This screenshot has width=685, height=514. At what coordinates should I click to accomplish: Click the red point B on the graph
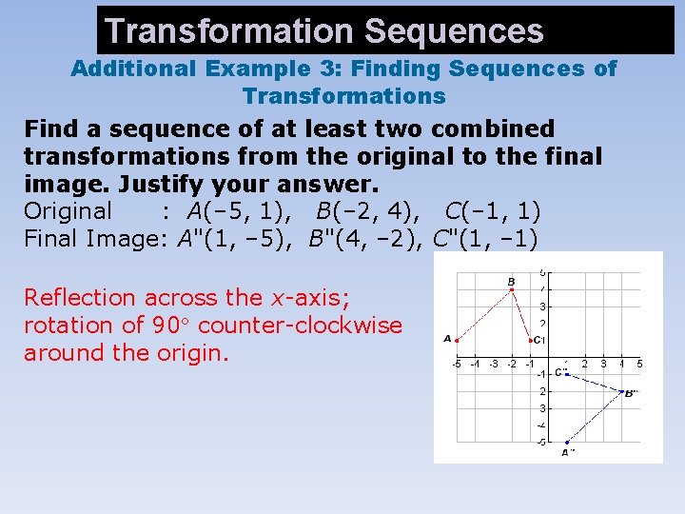pyautogui.click(x=512, y=289)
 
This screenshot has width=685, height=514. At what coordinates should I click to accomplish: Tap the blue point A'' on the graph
pyautogui.click(x=567, y=442)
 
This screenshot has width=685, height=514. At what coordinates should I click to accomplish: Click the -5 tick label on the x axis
pyautogui.click(x=457, y=364)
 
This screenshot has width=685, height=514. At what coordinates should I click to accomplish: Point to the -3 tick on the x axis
pyautogui.click(x=493, y=364)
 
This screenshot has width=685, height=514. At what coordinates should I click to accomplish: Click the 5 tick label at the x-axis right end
pyautogui.click(x=639, y=364)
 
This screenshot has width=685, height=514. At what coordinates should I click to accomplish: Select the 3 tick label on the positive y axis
pyautogui.click(x=542, y=306)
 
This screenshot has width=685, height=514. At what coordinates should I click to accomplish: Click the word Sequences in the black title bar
pyautogui.click(x=453, y=31)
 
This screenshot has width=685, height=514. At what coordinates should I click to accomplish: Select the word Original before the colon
pyautogui.click(x=68, y=210)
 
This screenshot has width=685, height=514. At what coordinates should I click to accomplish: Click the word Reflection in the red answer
pyautogui.click(x=81, y=298)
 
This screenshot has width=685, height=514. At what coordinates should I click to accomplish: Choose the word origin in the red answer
pyautogui.click(x=191, y=353)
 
